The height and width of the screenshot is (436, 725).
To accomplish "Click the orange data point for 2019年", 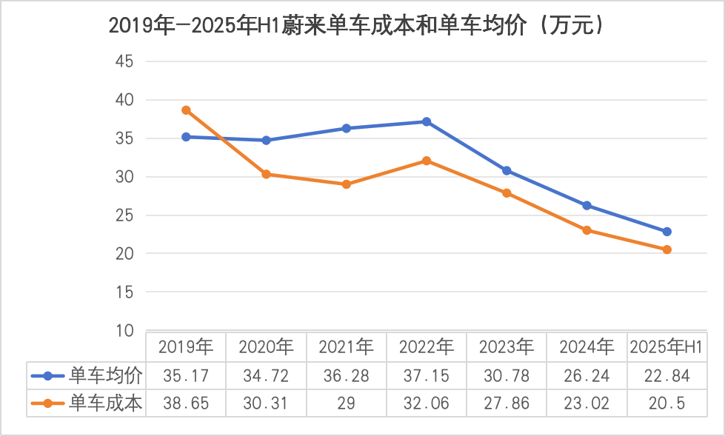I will (187, 110).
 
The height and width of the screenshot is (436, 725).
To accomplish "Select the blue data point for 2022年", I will (427, 121).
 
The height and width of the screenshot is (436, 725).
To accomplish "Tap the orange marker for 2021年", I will (347, 184).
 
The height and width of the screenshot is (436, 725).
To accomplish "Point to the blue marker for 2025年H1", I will (666, 232).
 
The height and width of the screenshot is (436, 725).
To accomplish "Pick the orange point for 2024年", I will (587, 230).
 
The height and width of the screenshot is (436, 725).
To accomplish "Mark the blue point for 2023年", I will (507, 170).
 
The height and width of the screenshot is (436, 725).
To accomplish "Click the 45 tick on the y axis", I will (124, 61).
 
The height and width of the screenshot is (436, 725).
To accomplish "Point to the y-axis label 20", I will (124, 254).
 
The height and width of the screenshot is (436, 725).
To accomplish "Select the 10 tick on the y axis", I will (124, 331).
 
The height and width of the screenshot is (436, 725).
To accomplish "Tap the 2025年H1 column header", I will (666, 346).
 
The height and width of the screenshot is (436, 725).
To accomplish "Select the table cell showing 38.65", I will (186, 403).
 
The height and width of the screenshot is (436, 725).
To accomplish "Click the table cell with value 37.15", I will (427, 375).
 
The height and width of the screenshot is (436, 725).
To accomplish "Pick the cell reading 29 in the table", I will (347, 403).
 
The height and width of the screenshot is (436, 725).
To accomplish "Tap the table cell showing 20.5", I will (666, 403).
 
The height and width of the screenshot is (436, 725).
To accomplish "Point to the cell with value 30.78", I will (507, 375).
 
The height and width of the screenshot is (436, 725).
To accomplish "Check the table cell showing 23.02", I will (587, 403).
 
